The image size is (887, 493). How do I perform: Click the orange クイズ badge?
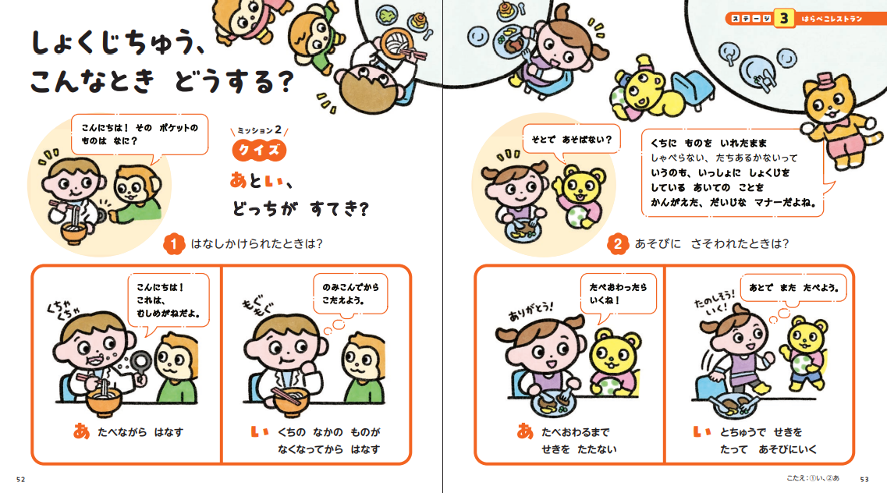(259, 150)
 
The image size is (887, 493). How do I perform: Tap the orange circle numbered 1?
(174, 244)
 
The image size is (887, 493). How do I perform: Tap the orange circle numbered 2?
(617, 244)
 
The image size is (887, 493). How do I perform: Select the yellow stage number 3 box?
(783, 18)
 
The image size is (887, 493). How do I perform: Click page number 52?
(21, 480)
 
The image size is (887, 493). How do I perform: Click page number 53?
(864, 480)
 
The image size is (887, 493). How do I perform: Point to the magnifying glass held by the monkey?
(140, 363)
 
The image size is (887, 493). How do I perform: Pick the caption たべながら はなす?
(140, 432)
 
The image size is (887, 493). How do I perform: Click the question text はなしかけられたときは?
(257, 243)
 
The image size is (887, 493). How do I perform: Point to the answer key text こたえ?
(797, 478)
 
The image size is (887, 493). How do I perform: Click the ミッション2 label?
(260, 130)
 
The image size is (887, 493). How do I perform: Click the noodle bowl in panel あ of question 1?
(105, 399)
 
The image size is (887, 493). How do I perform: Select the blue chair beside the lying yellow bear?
(690, 90)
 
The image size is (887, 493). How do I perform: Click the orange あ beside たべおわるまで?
(525, 431)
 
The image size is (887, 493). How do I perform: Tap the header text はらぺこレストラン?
(832, 19)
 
